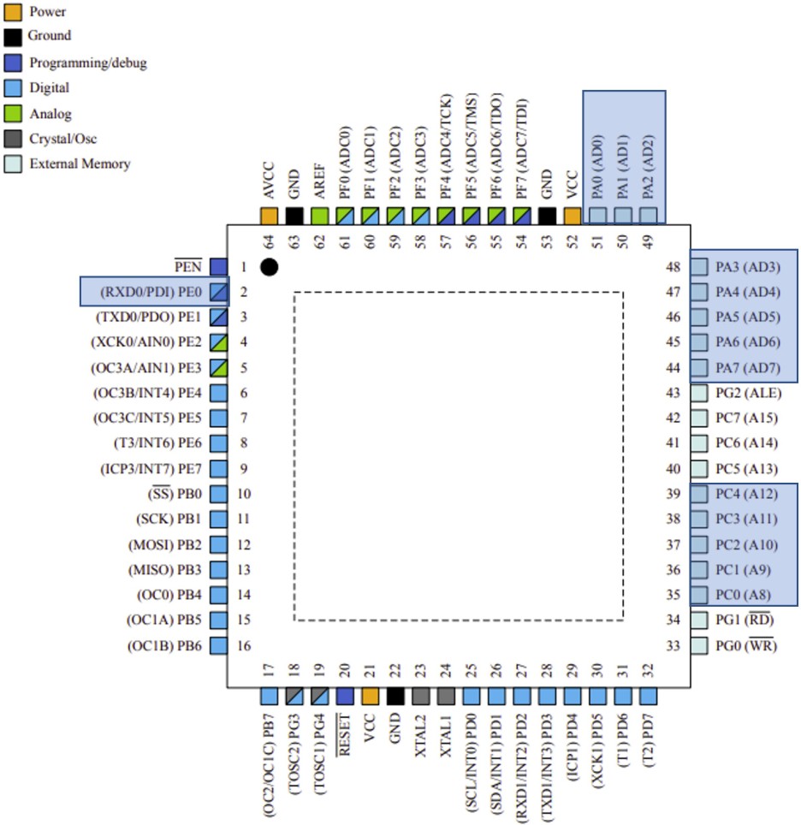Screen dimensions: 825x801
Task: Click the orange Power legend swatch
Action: click(13, 12)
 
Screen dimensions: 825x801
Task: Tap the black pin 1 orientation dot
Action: click(269, 267)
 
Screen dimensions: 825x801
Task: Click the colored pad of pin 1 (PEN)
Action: click(218, 267)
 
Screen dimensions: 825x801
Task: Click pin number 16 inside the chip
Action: click(244, 645)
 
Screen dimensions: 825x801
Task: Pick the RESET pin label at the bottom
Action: click(346, 734)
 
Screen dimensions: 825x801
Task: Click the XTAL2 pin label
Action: click(420, 734)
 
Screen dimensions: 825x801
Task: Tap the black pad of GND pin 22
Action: click(395, 697)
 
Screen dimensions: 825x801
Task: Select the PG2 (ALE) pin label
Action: click(747, 393)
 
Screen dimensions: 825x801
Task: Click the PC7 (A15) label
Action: click(747, 418)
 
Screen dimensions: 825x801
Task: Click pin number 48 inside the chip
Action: click(673, 267)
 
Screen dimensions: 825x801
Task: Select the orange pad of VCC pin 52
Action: click(573, 216)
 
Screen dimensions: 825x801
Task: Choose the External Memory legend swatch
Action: click(13, 163)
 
